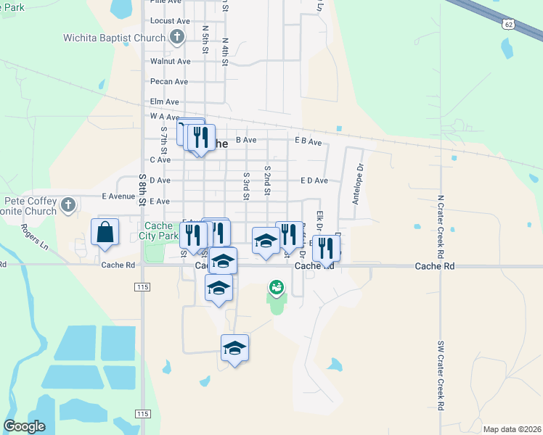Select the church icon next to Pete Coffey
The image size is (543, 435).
(x=68, y=204)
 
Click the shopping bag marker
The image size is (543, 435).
(x=105, y=233)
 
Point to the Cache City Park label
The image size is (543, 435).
(x=158, y=231)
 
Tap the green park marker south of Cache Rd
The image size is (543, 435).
(x=276, y=288)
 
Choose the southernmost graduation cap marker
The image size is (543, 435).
(x=234, y=349)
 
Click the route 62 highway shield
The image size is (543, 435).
(x=508, y=25)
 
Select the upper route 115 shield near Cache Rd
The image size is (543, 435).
(x=143, y=288)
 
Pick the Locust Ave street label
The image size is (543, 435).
(x=170, y=22)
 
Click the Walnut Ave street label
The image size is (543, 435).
(x=170, y=62)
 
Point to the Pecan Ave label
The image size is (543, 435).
(x=168, y=82)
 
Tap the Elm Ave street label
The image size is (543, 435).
(x=164, y=102)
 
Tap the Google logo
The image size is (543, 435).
(x=24, y=426)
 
